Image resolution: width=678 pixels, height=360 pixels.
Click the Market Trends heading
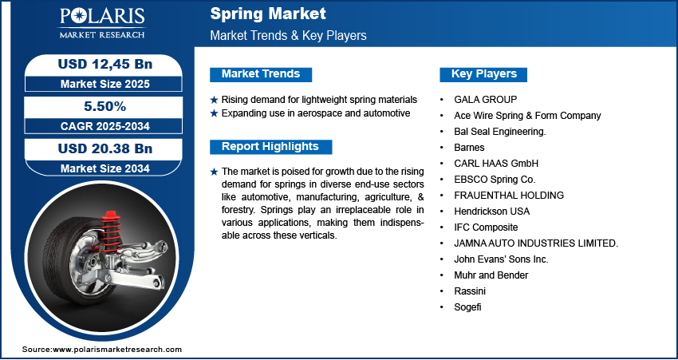click(x=260, y=74)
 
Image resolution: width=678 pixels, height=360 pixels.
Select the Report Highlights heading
click(x=270, y=147)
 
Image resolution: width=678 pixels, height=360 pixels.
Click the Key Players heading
click(x=483, y=74)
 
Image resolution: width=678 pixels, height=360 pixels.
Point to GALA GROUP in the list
click(x=486, y=100)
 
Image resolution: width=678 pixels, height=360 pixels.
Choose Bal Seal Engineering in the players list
click(x=499, y=132)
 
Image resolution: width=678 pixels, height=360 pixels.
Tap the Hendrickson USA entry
click(x=491, y=212)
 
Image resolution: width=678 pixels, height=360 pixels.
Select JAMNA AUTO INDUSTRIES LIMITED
click(x=536, y=243)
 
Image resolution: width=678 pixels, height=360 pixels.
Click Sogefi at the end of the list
click(x=468, y=307)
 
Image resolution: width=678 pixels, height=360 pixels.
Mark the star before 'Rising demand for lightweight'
click(x=214, y=100)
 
